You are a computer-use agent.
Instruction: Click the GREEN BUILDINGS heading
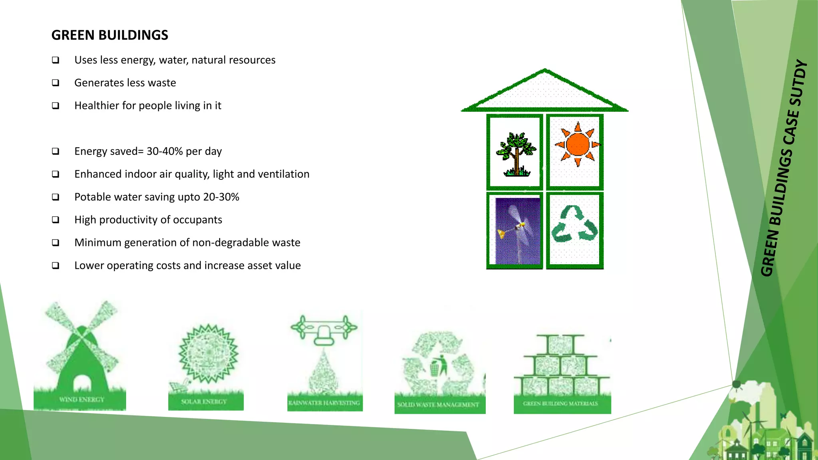(x=110, y=35)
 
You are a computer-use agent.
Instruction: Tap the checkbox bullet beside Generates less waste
(x=56, y=83)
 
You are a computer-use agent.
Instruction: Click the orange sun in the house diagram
(x=577, y=145)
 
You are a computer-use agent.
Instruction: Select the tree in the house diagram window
(x=516, y=154)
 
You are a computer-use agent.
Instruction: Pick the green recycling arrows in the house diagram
(x=574, y=225)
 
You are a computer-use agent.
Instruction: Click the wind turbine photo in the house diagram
(x=518, y=231)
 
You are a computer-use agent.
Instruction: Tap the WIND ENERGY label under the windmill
(x=81, y=399)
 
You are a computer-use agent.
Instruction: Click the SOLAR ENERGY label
(x=204, y=401)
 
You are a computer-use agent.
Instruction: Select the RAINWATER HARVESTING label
(x=324, y=403)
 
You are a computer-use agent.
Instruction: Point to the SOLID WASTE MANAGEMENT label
(x=438, y=404)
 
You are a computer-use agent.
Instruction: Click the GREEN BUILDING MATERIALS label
(x=560, y=403)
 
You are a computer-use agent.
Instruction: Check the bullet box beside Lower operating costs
(x=56, y=266)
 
